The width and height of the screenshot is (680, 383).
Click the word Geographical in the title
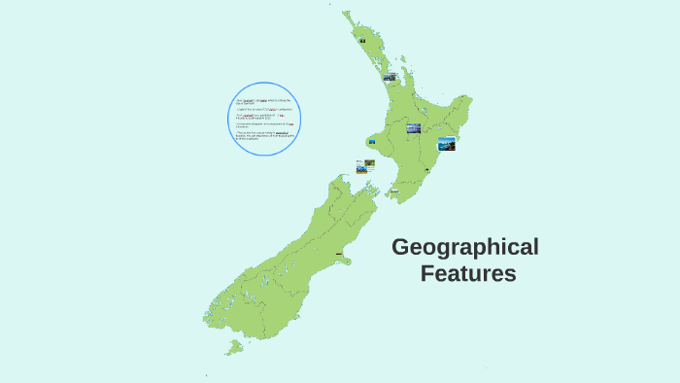coord(464,247)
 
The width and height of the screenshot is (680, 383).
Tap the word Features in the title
coord(468,274)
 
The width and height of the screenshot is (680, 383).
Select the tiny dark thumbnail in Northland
coord(362,41)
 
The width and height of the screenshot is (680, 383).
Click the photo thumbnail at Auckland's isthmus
coord(390,78)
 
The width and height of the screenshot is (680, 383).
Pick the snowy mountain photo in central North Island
coord(414,128)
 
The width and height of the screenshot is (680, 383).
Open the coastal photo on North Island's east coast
coord(447,144)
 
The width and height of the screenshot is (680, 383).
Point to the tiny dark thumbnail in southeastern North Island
coord(425,171)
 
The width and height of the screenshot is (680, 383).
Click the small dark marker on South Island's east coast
coord(339,255)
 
